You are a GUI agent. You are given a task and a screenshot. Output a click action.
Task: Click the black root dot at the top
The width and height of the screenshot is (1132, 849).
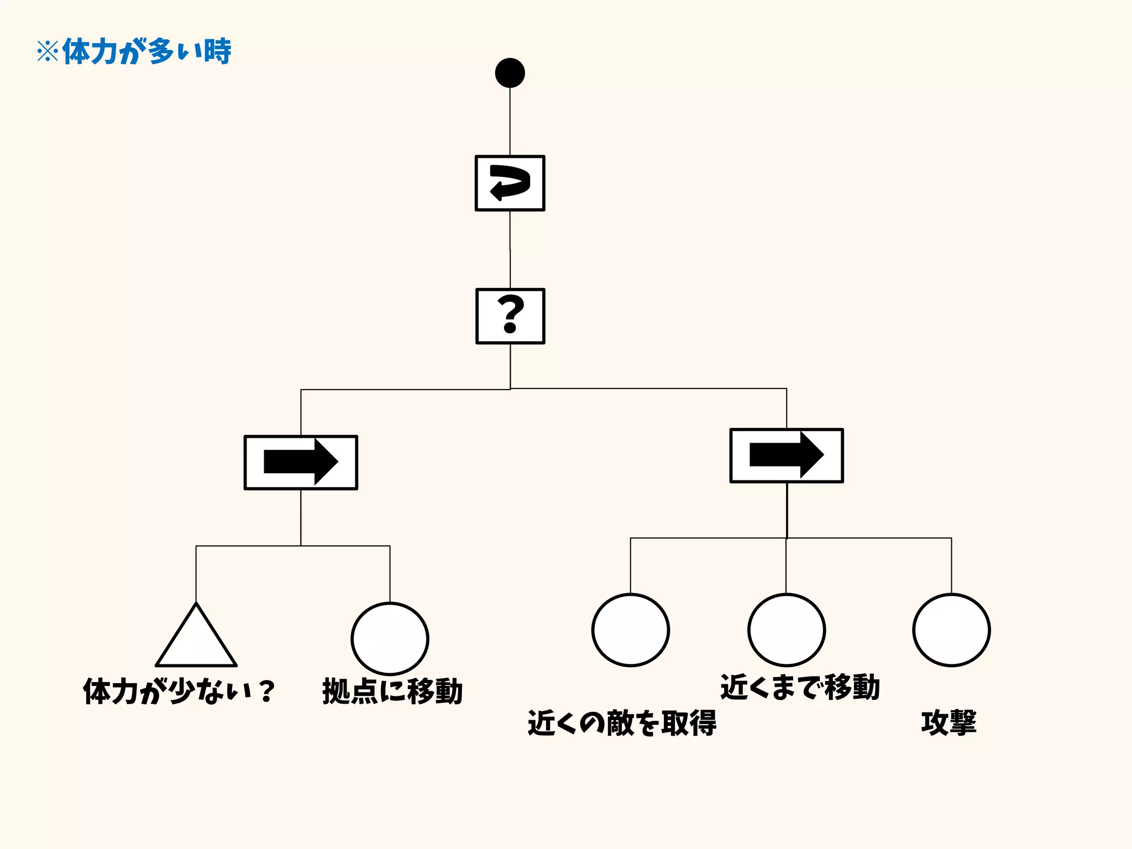tap(510, 73)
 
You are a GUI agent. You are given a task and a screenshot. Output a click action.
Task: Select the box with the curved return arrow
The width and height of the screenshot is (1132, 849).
tap(510, 183)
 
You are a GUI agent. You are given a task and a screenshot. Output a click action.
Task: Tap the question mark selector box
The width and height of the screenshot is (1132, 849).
tap(510, 316)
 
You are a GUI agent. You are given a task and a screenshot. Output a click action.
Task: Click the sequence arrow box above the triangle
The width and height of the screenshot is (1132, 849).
tap(301, 463)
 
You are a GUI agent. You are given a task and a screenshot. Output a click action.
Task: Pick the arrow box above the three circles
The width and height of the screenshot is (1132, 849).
tap(786, 455)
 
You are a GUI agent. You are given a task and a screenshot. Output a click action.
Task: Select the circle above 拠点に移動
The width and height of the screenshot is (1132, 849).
tap(390, 638)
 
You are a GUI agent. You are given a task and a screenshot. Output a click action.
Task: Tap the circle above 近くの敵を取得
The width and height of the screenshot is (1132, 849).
tap(630, 630)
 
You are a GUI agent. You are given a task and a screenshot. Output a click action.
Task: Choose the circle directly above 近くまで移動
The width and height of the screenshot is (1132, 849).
tap(786, 630)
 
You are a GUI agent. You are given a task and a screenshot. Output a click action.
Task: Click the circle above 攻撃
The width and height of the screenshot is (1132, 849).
tap(951, 630)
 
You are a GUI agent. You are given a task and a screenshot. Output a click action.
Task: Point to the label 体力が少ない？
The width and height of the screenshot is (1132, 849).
tap(179, 691)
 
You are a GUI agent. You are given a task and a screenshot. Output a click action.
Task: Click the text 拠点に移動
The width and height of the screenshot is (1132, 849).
tap(392, 691)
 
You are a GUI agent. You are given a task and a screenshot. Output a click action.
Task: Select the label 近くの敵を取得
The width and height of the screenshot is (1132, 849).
tap(622, 723)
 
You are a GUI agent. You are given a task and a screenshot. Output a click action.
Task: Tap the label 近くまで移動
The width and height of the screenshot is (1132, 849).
tap(800, 688)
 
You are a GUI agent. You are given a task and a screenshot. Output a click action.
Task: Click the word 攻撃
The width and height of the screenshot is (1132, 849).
tap(948, 723)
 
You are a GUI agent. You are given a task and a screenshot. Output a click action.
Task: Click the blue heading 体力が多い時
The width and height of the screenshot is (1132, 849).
tap(146, 52)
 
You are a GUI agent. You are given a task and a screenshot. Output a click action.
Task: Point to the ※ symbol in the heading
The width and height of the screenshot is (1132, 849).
tap(48, 52)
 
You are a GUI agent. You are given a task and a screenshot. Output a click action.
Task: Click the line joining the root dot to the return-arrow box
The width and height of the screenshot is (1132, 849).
tap(510, 122)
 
